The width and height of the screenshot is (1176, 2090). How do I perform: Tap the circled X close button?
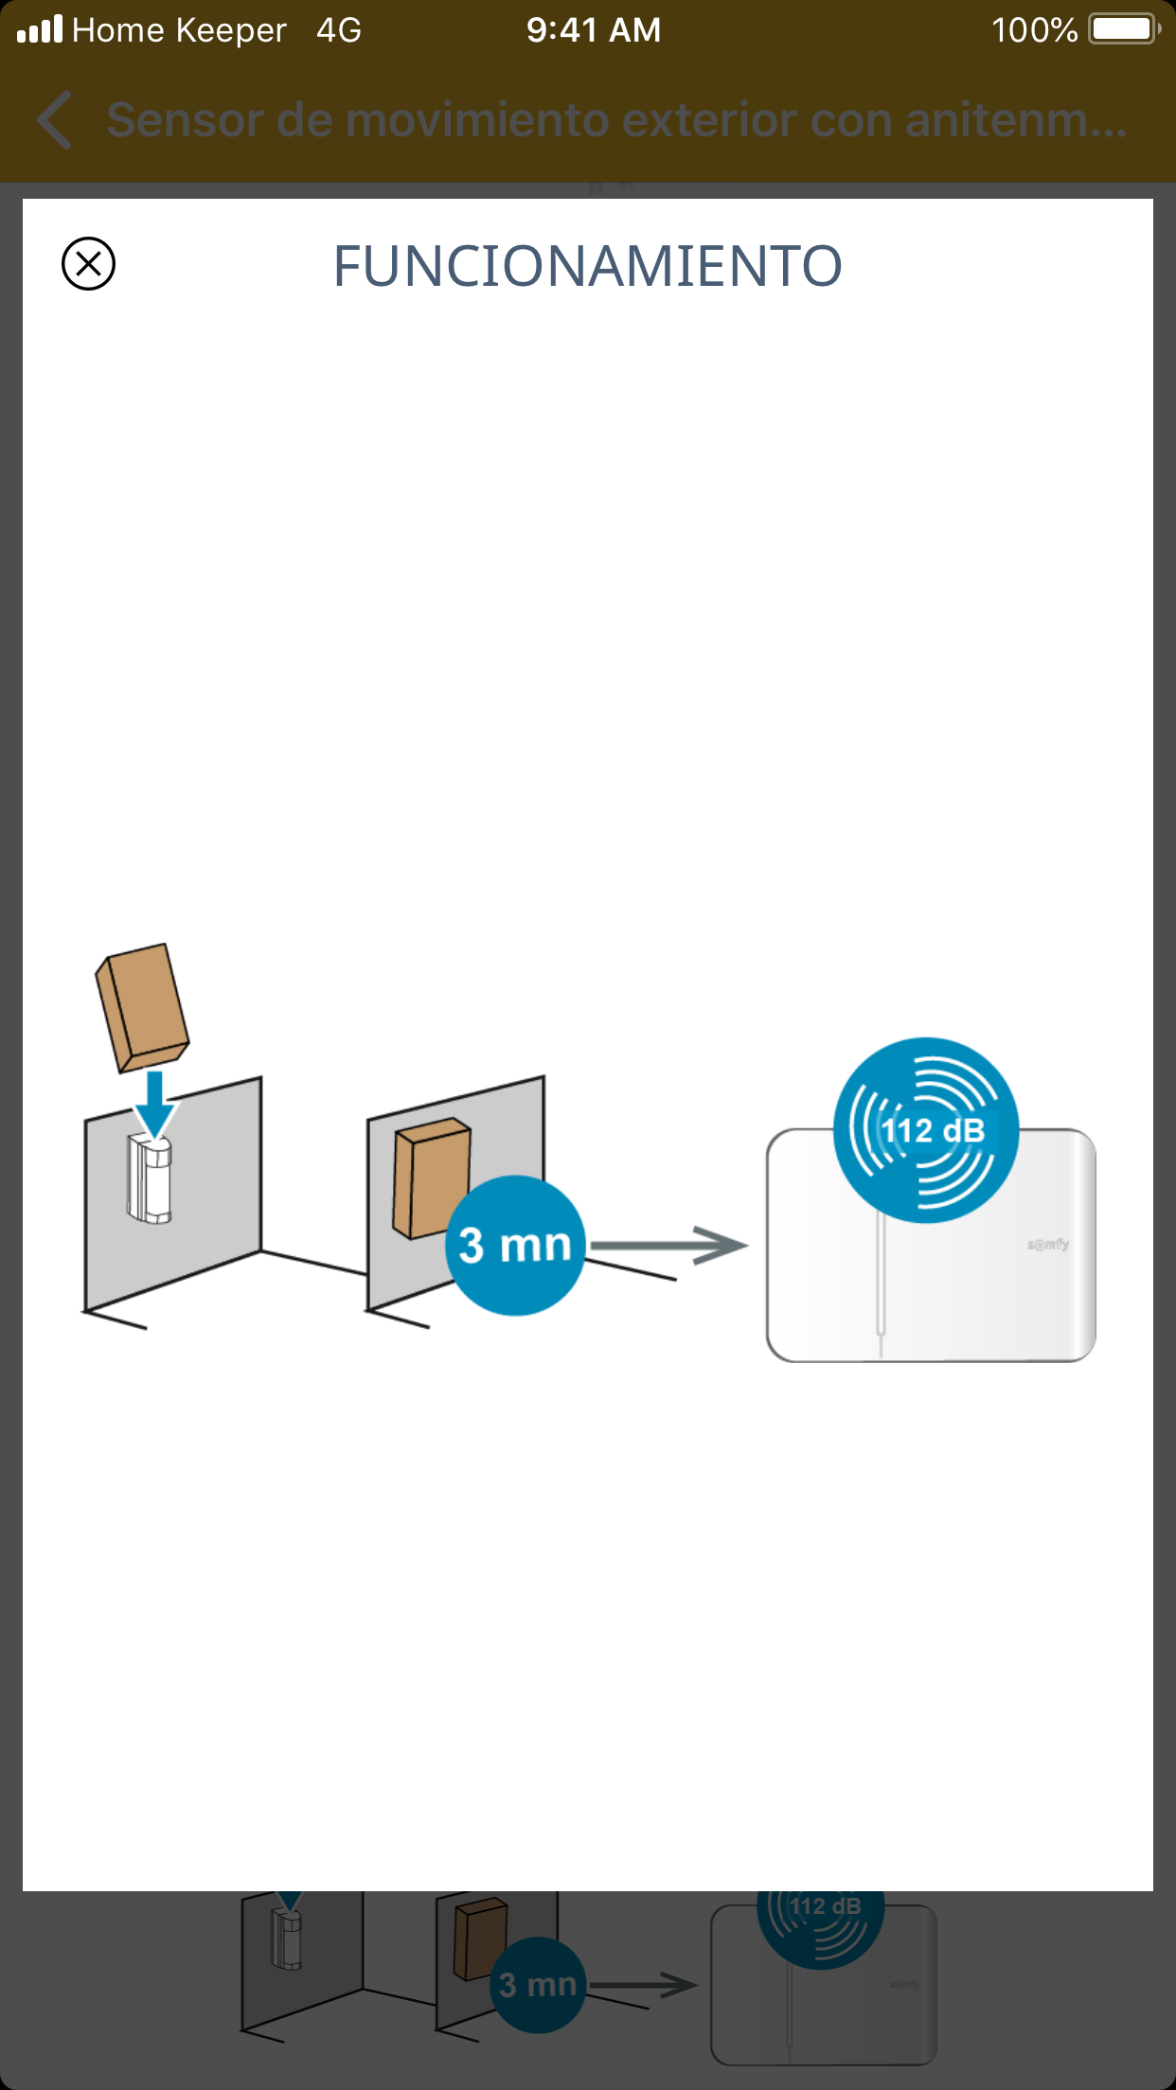click(88, 263)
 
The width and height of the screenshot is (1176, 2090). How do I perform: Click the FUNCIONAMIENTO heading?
click(587, 266)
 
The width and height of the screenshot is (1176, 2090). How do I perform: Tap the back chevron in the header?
click(55, 120)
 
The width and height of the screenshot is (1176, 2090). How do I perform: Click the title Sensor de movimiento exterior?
click(615, 120)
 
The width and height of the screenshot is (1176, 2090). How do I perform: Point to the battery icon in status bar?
click(1123, 29)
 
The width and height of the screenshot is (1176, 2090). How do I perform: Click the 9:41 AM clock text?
click(594, 30)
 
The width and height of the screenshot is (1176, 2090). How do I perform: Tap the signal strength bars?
click(40, 29)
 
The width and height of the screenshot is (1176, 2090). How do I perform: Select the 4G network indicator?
click(339, 30)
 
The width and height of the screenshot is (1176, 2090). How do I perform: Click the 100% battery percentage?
click(1034, 30)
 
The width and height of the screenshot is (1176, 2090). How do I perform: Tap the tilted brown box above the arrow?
click(142, 1007)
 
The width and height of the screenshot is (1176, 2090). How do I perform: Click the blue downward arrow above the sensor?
click(154, 1103)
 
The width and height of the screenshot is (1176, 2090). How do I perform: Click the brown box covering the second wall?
click(431, 1178)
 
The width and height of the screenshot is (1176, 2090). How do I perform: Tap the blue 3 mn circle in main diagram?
click(515, 1245)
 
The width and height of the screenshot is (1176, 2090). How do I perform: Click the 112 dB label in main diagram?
click(933, 1130)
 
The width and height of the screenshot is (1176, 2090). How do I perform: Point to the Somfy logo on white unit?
click(1048, 1245)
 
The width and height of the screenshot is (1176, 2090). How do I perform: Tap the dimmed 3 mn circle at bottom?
click(537, 1985)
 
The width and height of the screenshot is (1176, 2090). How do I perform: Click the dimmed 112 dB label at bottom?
click(826, 1906)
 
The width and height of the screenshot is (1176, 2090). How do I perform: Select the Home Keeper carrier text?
click(179, 30)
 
